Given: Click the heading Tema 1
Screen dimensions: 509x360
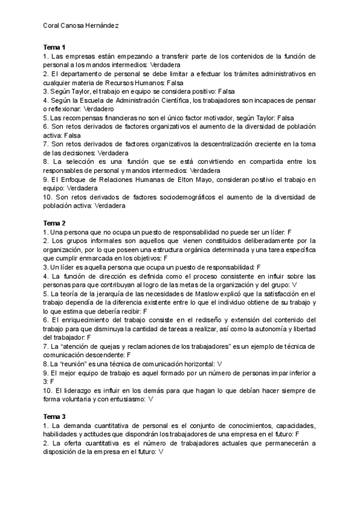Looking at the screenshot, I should (55, 47).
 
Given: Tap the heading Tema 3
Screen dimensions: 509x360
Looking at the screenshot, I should (55, 416).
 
